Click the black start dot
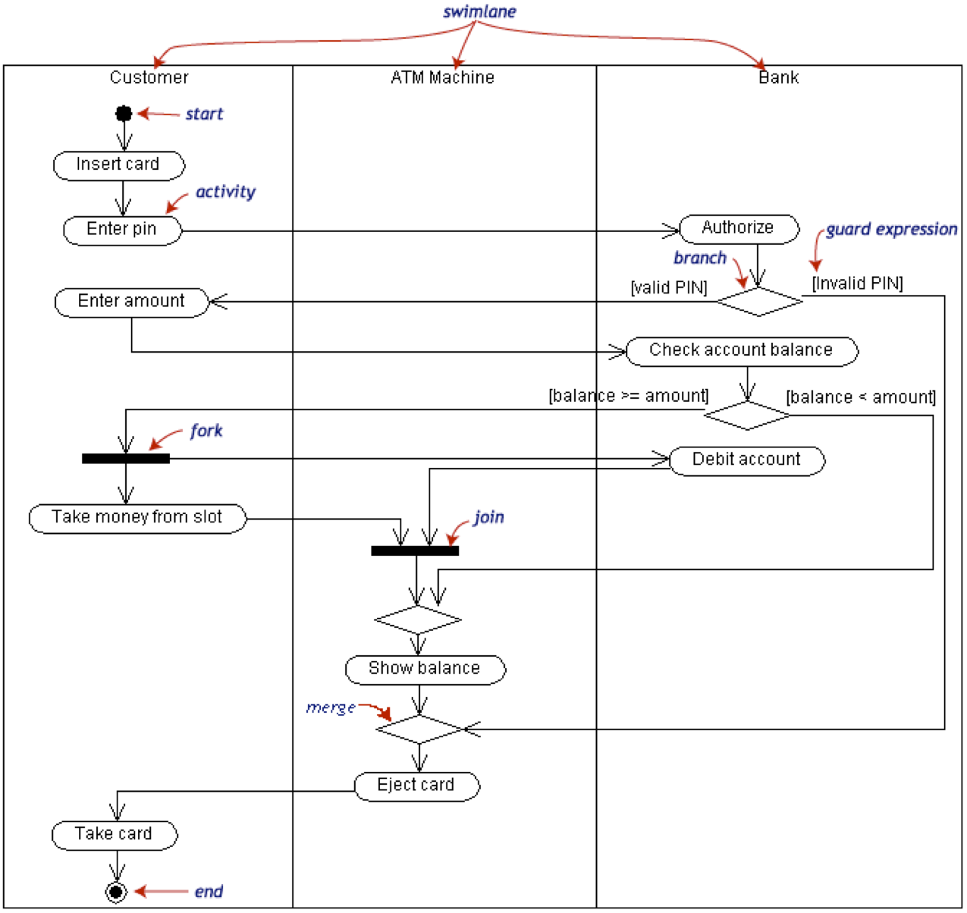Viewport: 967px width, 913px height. tap(124, 114)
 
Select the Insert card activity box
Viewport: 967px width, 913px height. tap(119, 165)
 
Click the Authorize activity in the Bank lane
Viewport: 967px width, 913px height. tap(739, 228)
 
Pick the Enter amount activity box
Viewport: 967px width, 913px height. tap(131, 302)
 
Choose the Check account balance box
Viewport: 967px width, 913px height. tap(742, 351)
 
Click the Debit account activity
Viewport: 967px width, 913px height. tap(747, 460)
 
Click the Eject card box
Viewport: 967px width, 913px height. tap(416, 786)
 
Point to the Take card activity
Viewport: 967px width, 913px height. tap(114, 835)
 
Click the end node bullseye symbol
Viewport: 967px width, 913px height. tap(116, 892)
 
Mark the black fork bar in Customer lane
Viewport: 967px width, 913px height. tap(126, 459)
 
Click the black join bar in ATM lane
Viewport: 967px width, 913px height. tap(415, 551)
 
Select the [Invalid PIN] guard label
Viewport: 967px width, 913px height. tap(857, 284)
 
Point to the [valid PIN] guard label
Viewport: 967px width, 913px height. tap(669, 288)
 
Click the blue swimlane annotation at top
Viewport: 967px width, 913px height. tap(479, 11)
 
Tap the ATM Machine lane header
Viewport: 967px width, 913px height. tap(442, 77)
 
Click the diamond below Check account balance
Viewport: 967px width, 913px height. tap(747, 416)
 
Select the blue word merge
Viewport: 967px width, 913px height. tap(331, 707)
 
